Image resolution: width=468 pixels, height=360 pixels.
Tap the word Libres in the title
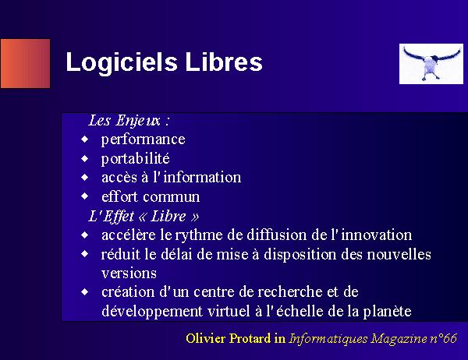click(x=224, y=62)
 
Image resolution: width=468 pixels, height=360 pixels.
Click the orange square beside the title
click(x=26, y=64)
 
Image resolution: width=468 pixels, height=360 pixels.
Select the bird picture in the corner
click(x=431, y=64)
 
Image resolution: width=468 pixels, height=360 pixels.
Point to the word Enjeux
click(x=138, y=121)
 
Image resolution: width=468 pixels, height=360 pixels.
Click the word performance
click(x=144, y=139)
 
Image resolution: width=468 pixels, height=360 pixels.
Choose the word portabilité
click(x=136, y=158)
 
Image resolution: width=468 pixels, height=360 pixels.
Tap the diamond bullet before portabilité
click(x=85, y=158)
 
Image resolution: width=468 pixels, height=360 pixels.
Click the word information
click(x=202, y=177)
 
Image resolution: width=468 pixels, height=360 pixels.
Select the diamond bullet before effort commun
click(x=85, y=196)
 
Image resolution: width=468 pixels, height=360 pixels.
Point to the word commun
click(x=172, y=197)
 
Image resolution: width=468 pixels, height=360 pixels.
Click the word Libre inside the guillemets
click(x=168, y=216)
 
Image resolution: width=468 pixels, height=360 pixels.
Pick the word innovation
click(x=377, y=235)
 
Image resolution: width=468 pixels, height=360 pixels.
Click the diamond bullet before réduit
click(x=85, y=254)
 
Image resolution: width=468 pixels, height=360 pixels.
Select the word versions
click(x=129, y=274)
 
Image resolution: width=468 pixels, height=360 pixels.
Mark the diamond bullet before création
click(x=85, y=291)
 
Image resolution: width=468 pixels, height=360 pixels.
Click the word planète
click(x=387, y=312)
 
